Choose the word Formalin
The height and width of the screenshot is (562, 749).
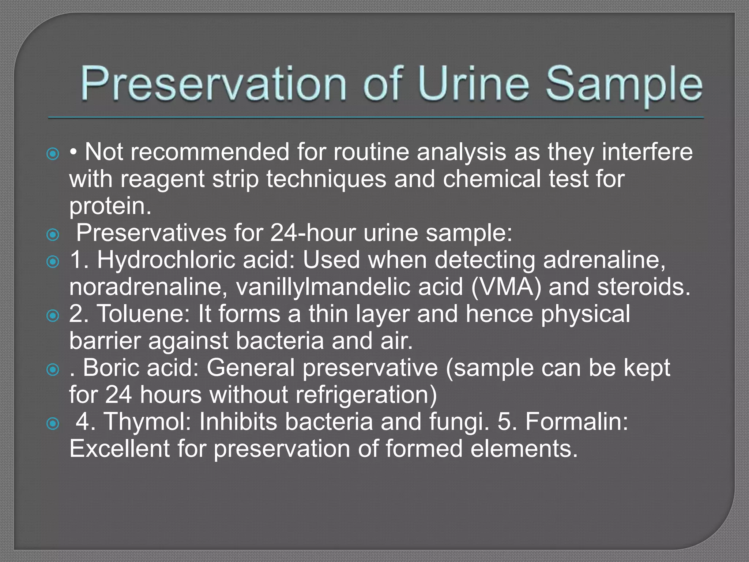(x=576, y=421)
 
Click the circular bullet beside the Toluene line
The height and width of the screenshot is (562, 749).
(x=53, y=315)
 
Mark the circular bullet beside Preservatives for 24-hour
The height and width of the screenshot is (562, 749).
(x=53, y=235)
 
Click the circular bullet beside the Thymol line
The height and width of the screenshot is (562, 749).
(x=53, y=424)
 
